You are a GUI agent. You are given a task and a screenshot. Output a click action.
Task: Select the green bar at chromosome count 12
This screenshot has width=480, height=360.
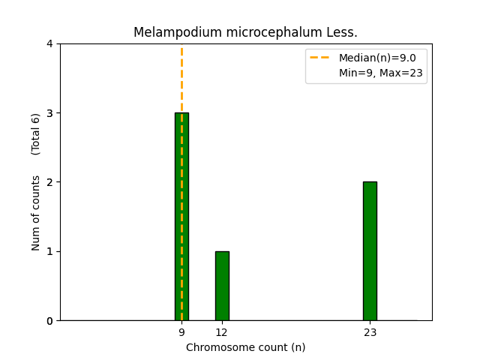click(222, 286)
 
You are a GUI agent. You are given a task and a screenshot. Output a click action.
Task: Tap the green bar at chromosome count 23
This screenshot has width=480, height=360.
click(370, 251)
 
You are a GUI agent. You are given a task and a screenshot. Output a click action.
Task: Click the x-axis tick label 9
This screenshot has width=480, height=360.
click(181, 332)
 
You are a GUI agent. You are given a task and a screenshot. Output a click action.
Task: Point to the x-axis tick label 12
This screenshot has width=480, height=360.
click(222, 332)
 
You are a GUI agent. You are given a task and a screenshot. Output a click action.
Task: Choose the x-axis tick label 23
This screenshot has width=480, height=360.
click(370, 332)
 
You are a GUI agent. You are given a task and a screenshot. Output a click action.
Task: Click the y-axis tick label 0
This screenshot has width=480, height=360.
click(49, 321)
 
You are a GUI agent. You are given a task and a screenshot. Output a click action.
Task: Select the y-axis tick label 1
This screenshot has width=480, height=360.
click(49, 251)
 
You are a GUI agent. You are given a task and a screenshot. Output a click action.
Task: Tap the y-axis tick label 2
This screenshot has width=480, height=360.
click(49, 182)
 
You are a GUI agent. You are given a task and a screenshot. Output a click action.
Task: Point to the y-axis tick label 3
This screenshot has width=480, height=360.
click(49, 113)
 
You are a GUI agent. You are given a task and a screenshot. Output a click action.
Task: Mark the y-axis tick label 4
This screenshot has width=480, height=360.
click(49, 44)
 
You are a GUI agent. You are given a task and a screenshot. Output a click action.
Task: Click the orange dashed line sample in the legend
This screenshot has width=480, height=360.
click(321, 58)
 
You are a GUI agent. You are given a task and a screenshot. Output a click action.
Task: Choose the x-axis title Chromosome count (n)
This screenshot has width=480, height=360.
click(246, 347)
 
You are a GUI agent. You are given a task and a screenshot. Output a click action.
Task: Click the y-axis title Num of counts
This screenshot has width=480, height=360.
click(36, 213)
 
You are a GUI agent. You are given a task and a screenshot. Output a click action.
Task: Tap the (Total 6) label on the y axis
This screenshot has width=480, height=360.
click(36, 134)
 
